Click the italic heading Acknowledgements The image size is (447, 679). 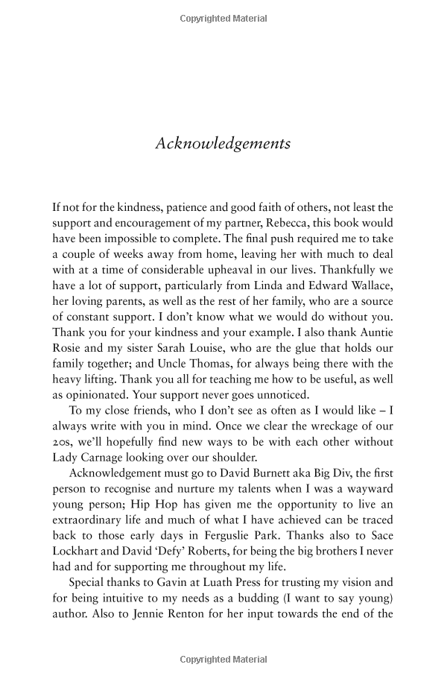pos(223,143)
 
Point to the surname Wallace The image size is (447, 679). pos(370,288)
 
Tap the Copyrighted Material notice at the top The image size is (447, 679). pos(223,18)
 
